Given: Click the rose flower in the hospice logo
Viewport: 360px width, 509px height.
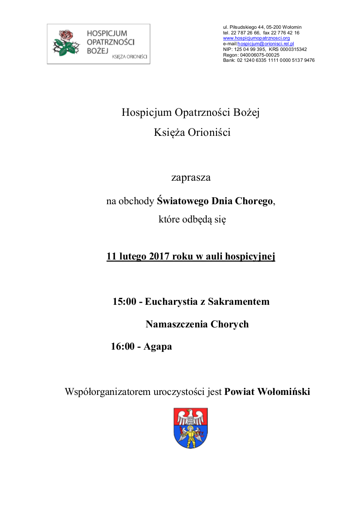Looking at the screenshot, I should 65,36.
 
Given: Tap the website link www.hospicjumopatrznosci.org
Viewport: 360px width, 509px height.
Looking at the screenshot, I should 256,38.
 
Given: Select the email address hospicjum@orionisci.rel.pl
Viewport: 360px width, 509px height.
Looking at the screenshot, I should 266,44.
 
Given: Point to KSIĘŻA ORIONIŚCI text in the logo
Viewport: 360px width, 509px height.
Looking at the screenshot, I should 129,57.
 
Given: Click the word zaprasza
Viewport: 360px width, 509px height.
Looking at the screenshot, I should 191,178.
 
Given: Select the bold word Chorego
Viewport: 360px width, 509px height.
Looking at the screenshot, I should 255,201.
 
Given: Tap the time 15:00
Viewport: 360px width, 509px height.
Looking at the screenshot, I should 124,301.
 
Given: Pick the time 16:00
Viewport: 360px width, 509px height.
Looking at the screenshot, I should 122,347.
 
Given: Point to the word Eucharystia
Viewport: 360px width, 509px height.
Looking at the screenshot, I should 171,301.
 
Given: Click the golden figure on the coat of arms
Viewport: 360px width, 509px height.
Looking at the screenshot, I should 190,436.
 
